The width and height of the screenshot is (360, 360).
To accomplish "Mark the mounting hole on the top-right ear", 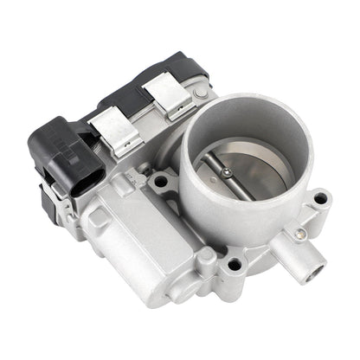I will click(320, 198).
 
